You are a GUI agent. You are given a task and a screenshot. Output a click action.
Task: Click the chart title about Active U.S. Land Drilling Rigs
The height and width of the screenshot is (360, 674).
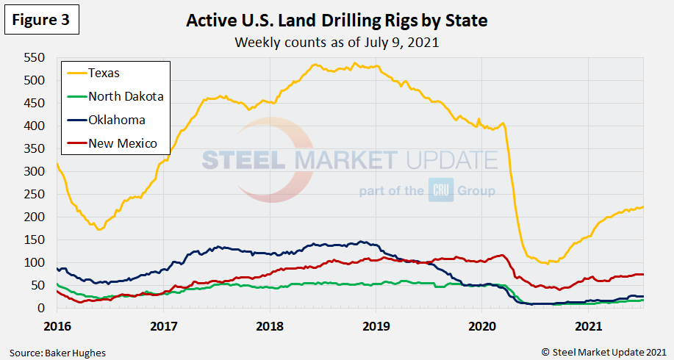[x=337, y=21]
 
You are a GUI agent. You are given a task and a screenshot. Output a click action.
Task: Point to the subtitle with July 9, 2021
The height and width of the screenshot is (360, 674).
[x=337, y=42]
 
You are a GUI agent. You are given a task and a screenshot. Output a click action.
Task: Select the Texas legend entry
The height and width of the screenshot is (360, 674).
[x=103, y=73]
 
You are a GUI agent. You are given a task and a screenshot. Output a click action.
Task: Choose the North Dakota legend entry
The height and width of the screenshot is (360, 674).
[x=125, y=96]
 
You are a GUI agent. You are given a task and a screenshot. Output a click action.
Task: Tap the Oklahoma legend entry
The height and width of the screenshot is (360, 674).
[x=116, y=120]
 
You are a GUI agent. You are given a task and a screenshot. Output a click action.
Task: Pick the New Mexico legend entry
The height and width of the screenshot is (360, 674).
[x=122, y=143]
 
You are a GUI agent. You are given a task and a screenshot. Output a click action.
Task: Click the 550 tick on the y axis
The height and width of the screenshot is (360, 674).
[x=35, y=57]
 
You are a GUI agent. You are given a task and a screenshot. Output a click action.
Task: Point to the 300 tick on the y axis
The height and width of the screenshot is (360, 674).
[x=35, y=171]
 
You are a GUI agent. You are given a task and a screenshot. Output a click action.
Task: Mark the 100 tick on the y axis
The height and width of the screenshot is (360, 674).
[x=35, y=262]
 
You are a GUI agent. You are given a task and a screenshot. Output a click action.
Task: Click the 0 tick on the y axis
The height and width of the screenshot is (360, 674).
[x=43, y=309]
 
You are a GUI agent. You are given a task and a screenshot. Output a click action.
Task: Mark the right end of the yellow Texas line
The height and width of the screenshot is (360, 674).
[x=643, y=207]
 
